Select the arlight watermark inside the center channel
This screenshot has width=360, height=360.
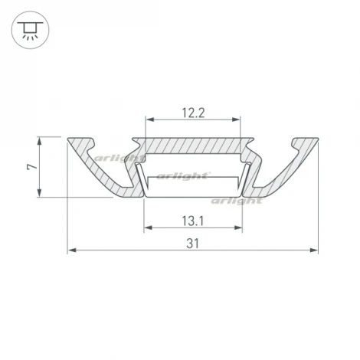(x=184, y=175)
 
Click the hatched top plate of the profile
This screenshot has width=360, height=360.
(x=192, y=145)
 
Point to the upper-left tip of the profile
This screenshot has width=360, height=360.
(x=70, y=139)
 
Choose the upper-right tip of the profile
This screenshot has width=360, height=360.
(x=316, y=139)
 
